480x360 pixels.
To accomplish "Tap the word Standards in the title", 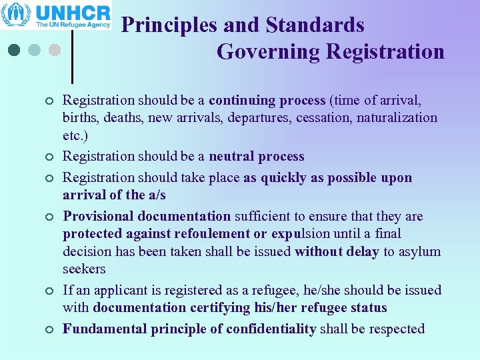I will [315, 25].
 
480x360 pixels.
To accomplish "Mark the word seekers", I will [84, 269].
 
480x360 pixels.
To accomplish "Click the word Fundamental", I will [105, 329].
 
